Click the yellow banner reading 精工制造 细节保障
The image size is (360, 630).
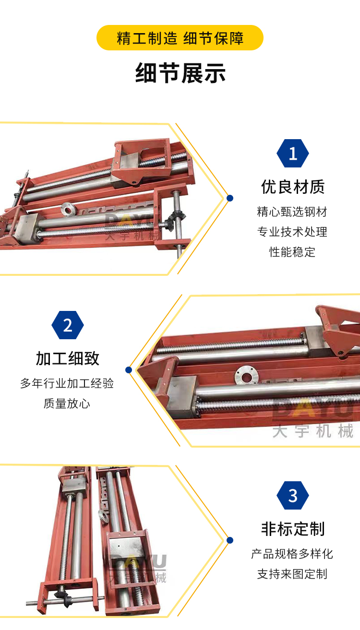pos(180,38)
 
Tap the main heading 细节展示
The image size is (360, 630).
pos(180,73)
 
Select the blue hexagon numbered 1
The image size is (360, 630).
pos(293,153)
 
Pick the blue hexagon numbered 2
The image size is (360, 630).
pos(68,325)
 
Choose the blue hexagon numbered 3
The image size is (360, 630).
pos(293,495)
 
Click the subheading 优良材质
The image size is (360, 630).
pos(293,187)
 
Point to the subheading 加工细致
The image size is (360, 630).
pos(68,358)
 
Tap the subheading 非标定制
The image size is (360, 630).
pos(293,529)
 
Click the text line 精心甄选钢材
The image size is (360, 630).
pos(292,212)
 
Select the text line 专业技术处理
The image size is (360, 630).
pos(292,232)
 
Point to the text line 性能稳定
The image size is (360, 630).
pos(292,252)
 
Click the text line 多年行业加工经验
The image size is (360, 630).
pos(67,383)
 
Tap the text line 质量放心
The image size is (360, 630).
pos(67,404)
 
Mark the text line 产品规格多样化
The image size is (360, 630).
pos(292,554)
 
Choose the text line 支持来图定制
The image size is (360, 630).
pos(292,574)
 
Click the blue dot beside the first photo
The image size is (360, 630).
pos(230,198)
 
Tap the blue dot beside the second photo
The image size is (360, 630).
pos(129,370)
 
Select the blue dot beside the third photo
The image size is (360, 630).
pos(230,540)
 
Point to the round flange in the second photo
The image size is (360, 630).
pos(247,375)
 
